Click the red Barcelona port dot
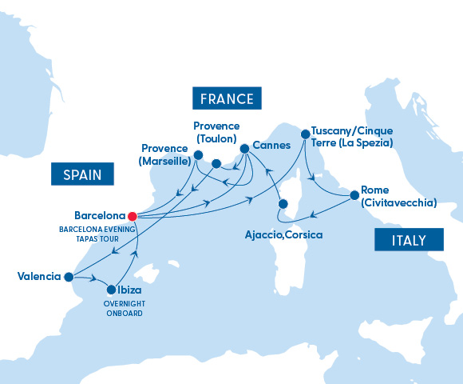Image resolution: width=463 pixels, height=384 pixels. [133, 215]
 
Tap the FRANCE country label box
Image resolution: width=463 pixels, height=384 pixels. [227, 99]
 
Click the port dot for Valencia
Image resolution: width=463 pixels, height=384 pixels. [69, 277]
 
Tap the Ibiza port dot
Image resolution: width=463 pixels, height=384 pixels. [110, 290]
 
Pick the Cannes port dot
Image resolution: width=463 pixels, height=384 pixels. [244, 148]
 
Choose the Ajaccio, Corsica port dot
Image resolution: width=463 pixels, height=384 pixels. [282, 204]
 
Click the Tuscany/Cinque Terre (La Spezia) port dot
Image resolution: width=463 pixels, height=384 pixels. [304, 135]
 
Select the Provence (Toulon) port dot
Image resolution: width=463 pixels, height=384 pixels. [216, 165]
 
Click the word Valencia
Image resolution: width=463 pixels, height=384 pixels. [38, 277]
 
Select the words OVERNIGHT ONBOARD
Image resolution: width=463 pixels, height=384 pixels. [123, 308]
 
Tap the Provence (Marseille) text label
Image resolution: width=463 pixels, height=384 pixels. [166, 154]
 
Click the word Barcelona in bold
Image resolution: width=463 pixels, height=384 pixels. [99, 215]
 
